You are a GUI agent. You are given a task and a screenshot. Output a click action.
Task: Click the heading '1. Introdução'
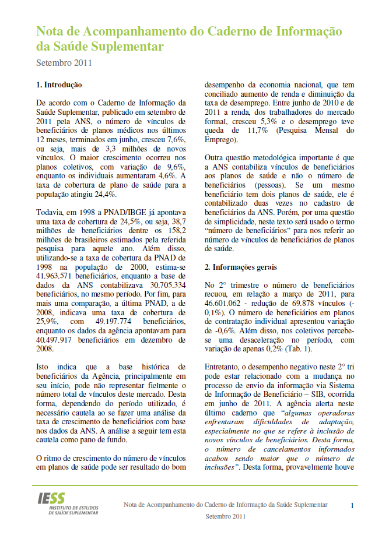pos(59,85)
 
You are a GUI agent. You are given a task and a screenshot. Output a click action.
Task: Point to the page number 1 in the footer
pos(352,505)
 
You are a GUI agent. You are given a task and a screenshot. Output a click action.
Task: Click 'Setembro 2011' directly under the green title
pos(64,62)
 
